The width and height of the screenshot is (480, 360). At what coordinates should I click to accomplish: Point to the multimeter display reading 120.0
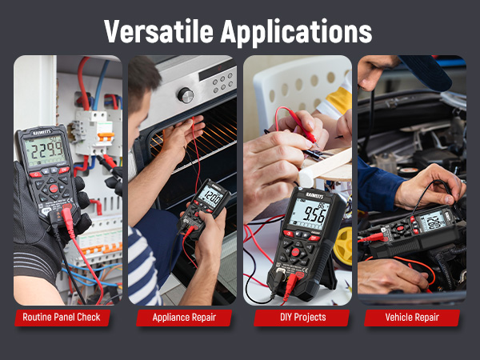[212, 196]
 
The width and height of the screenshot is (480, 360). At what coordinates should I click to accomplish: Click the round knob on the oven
[186, 95]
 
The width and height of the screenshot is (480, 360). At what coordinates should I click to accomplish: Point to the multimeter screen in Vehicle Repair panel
[432, 220]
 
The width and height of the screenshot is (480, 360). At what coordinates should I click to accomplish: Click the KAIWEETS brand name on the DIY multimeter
[309, 194]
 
